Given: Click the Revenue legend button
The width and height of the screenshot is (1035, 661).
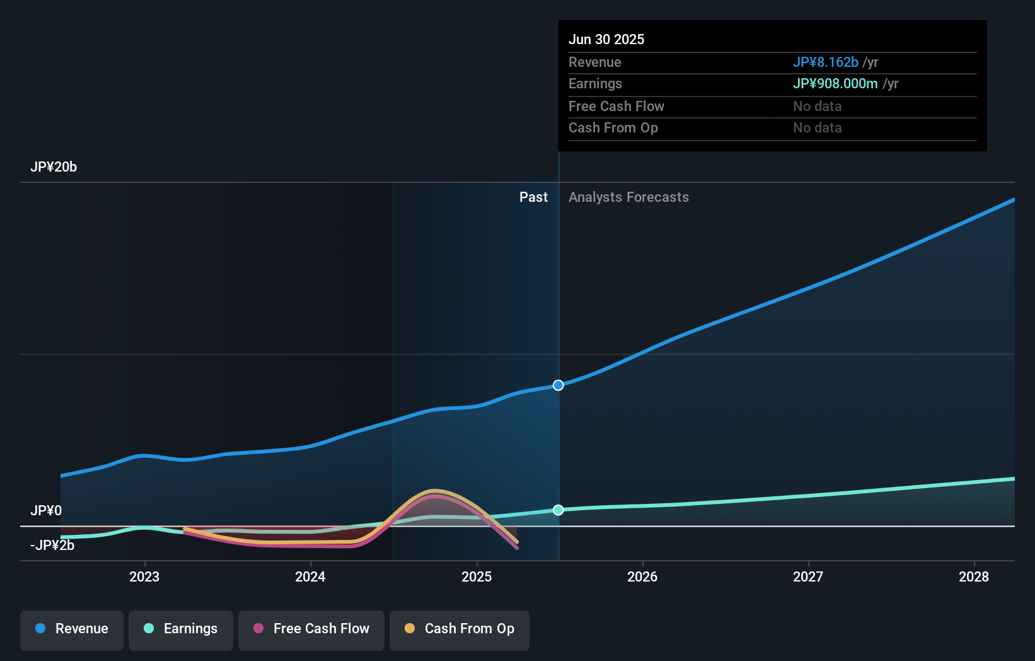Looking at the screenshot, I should point(72,629).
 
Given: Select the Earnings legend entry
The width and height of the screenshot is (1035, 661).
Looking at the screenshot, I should point(181,629).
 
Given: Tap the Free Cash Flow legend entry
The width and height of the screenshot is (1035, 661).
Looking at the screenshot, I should point(311,629).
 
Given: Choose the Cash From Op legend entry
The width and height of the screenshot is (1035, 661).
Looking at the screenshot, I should point(460,629).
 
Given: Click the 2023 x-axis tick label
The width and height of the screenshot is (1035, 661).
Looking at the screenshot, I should point(144,576).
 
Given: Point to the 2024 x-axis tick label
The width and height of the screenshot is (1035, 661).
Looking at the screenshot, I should point(310,576).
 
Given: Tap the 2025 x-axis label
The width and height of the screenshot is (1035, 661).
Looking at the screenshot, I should point(477,576).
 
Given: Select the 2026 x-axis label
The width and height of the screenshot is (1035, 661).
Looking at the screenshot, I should point(642,576).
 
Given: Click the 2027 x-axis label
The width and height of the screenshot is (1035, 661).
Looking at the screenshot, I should point(808,576).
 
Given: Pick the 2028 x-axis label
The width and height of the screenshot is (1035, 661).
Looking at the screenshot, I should point(974,576).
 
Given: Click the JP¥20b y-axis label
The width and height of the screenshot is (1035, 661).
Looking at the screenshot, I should point(54,167).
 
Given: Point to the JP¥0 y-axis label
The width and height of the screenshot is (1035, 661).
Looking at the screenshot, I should point(46,511).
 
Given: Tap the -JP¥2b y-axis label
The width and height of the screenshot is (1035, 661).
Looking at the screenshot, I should point(52,546).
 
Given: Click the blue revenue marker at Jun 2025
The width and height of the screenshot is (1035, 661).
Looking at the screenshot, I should point(558,385).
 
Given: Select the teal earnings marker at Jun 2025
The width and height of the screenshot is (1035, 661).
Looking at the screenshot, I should point(558,510).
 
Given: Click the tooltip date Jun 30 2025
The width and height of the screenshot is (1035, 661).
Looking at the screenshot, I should point(606,40).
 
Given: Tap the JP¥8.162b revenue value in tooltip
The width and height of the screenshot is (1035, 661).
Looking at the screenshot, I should point(825,62).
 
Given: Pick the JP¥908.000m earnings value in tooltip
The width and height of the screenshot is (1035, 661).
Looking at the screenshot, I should point(835,84).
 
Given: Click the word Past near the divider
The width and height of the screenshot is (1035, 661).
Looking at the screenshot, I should point(533,197).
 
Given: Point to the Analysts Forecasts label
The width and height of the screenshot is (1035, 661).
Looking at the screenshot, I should point(628,197).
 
